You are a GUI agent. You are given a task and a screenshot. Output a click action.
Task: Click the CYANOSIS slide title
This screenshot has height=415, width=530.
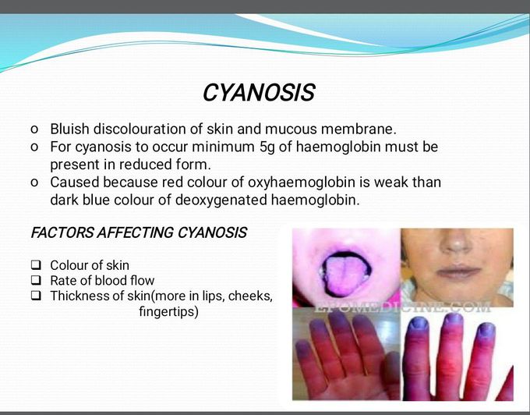click(258, 94)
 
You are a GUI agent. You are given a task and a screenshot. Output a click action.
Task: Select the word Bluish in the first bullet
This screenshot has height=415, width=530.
click(69, 129)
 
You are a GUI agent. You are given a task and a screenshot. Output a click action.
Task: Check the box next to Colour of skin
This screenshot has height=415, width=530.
click(36, 265)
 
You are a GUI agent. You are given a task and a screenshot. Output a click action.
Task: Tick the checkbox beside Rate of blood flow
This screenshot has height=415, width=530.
click(36, 281)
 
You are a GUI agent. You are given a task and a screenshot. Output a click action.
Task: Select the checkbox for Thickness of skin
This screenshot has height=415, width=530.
click(36, 296)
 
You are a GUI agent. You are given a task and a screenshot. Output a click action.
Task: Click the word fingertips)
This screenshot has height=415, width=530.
click(167, 312)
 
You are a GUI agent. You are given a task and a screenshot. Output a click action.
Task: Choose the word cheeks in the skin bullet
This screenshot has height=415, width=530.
click(252, 296)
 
